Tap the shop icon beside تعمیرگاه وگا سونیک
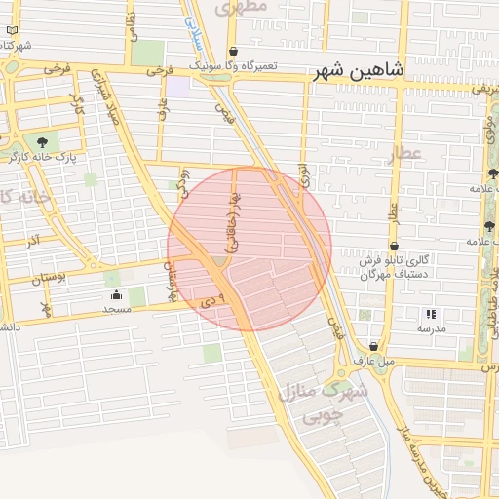[x=233, y=52]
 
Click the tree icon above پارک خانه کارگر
[x=40, y=142]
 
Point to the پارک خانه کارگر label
[x=40, y=156]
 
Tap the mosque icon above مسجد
[x=117, y=295]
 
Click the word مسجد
[x=117, y=309]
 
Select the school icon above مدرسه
[x=431, y=314]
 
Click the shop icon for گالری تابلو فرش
[x=394, y=247]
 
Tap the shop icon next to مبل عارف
[x=374, y=347]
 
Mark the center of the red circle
[x=249, y=249]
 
